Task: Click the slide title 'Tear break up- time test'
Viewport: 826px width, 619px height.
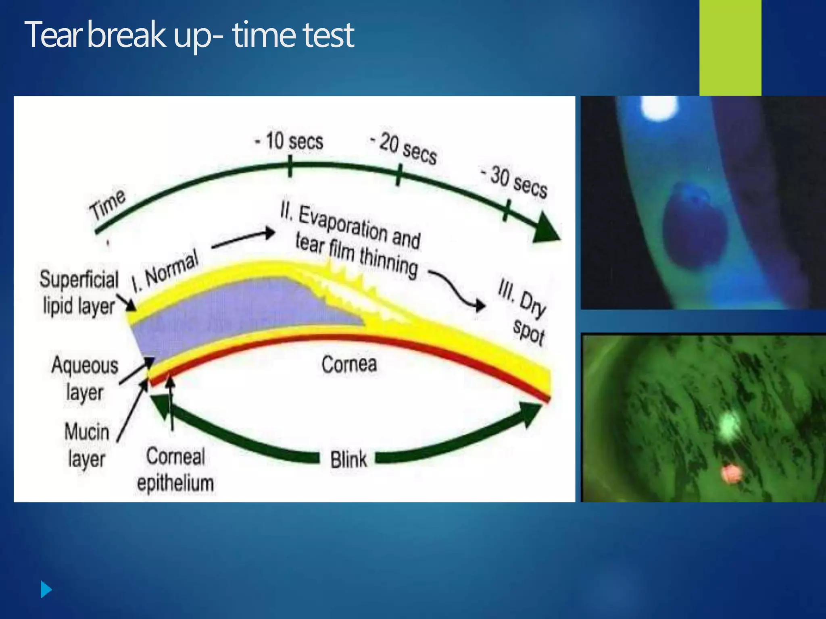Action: [190, 35]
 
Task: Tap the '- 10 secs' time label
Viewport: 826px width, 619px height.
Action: [289, 141]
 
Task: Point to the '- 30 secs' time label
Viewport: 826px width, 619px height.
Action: [514, 182]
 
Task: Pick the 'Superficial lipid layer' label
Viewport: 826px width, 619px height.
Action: [79, 292]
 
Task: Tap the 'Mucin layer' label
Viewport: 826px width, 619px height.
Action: [87, 445]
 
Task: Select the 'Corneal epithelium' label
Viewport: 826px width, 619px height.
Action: [175, 470]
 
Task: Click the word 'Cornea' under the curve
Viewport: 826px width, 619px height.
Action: [349, 364]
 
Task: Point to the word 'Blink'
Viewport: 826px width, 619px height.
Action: [348, 460]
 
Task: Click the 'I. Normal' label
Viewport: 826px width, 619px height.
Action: [166, 271]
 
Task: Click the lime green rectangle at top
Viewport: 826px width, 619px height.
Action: [730, 48]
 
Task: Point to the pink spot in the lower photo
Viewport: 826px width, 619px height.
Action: [731, 474]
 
